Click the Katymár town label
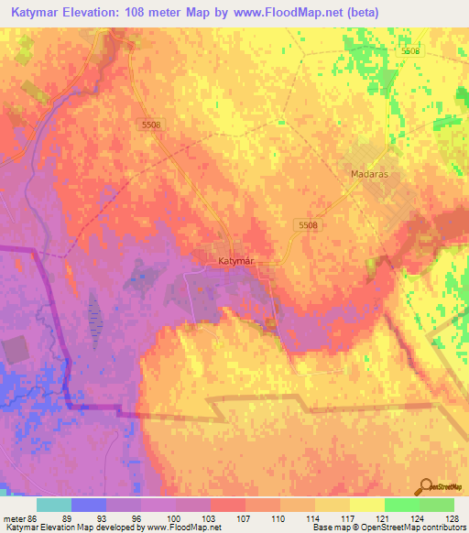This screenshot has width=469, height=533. tap(234, 261)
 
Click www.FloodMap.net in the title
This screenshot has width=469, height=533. tap(281, 12)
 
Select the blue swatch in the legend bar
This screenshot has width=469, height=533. tap(89, 505)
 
